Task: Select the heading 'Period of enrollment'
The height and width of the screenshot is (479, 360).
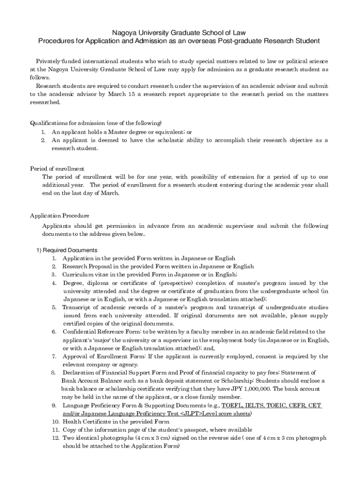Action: (x=57, y=169)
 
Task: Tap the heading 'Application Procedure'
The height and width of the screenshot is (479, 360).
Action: (x=59, y=216)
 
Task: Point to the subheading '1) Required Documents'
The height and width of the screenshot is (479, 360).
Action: (x=67, y=250)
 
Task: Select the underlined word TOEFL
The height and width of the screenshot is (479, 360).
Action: (x=231, y=405)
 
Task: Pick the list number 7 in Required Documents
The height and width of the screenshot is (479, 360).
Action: (x=54, y=356)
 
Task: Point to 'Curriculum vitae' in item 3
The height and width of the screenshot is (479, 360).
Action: (x=85, y=275)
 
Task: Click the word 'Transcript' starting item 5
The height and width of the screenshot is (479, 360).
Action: (x=76, y=307)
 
